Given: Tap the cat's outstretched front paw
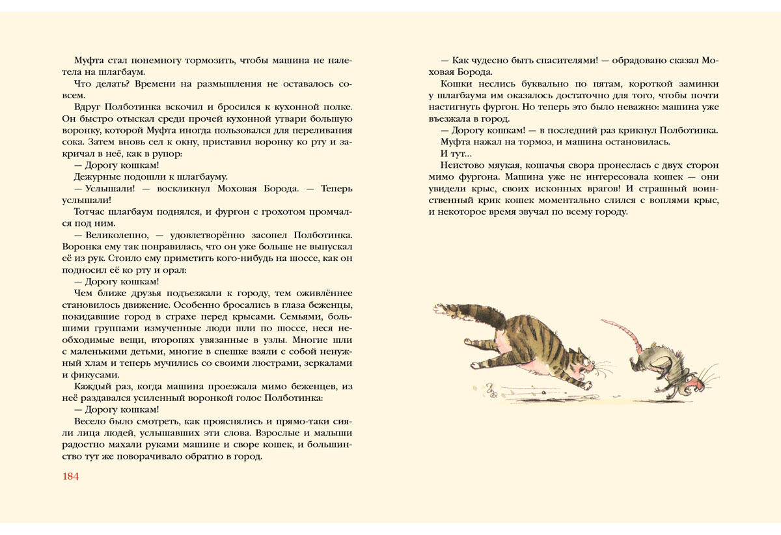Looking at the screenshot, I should [589, 386].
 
